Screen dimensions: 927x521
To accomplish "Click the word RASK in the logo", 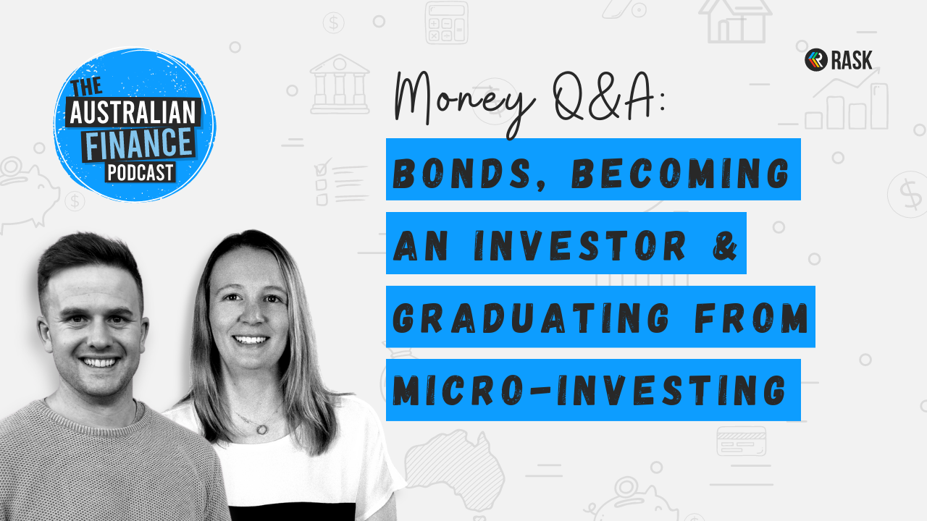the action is [852, 60].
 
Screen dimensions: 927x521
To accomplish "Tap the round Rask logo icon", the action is [815, 60].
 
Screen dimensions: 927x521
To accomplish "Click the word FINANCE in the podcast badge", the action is [138, 143].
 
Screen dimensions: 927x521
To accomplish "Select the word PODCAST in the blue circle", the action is [140, 172].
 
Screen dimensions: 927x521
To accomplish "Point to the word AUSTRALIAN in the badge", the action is [133, 112].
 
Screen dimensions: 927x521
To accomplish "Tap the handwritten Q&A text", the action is [608, 98].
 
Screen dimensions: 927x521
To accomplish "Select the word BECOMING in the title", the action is [681, 173].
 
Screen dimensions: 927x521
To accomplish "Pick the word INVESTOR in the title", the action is [580, 245].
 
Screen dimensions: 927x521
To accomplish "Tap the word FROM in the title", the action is [751, 318].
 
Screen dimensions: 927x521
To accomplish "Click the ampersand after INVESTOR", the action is [725, 245].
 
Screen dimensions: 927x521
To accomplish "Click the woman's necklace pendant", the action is [261, 430].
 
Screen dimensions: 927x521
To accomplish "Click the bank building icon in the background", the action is [340, 84].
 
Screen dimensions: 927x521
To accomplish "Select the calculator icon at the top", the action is [447, 22].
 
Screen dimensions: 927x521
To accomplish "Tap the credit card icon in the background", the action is [741, 441].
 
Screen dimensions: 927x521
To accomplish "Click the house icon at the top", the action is [735, 22].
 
